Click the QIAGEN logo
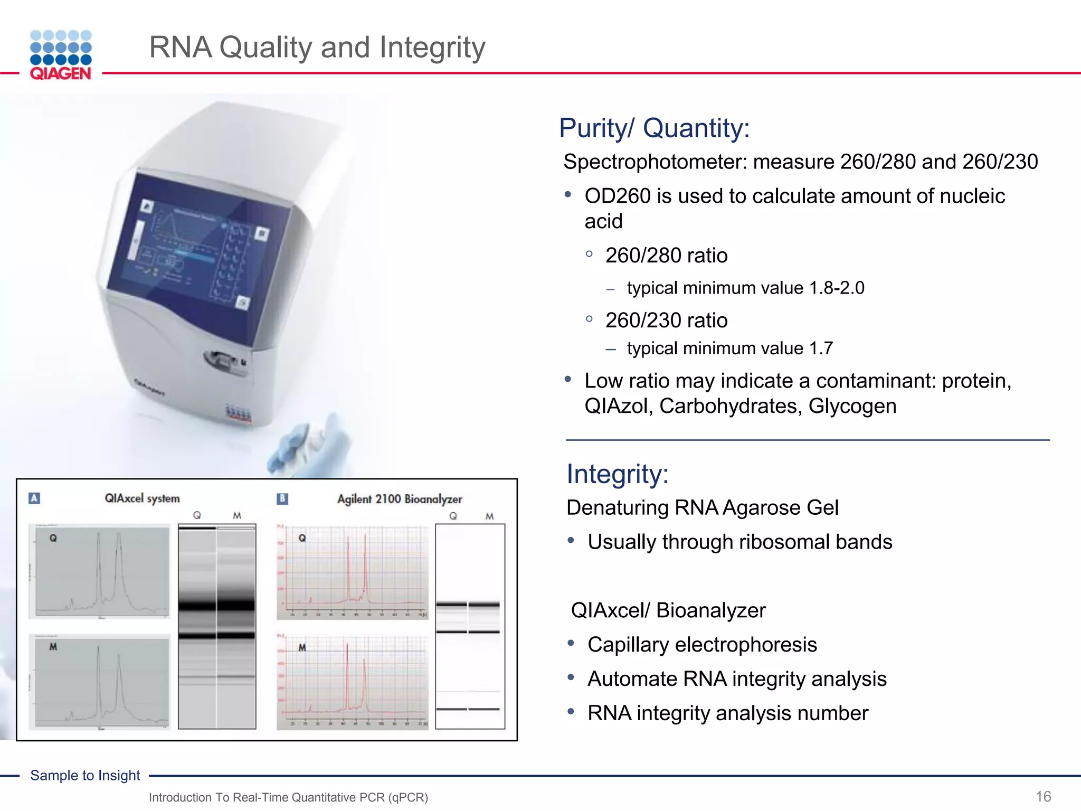[x=61, y=55]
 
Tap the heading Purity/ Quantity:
[x=654, y=128]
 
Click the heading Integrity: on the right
[x=617, y=474]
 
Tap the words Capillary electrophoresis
[x=702, y=645]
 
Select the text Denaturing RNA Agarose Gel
[x=702, y=507]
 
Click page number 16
[x=1043, y=796]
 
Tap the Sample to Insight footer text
[x=85, y=775]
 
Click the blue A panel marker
[x=34, y=498]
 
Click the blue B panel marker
[x=282, y=498]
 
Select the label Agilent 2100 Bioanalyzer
[x=400, y=499]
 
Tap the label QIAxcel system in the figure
[x=142, y=498]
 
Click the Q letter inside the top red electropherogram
[x=302, y=538]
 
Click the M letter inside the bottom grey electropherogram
[x=53, y=647]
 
